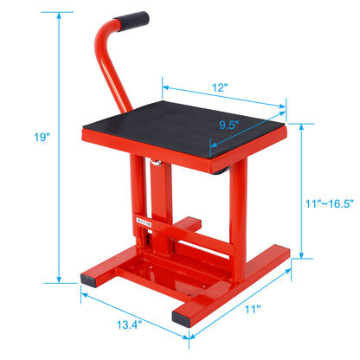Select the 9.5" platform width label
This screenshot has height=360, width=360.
pyautogui.click(x=228, y=124)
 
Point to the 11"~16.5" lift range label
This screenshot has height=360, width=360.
pyautogui.click(x=329, y=204)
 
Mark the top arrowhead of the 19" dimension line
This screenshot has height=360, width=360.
pyautogui.click(x=58, y=14)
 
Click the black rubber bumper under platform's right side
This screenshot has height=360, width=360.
pyautogui.click(x=223, y=170)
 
